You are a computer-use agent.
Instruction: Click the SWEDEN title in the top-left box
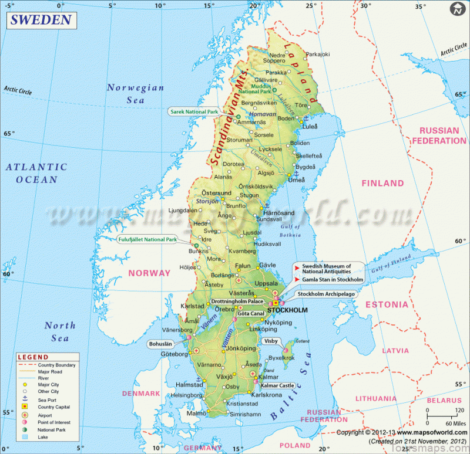(x=41, y=20)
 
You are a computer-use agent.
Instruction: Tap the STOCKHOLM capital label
(x=287, y=310)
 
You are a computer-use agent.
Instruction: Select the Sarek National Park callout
(x=194, y=111)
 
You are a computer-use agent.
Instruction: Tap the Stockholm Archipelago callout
(x=326, y=294)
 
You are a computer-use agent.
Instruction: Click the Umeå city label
(x=299, y=180)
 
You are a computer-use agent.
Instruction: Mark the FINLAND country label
(x=382, y=184)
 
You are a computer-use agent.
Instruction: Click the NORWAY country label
(x=149, y=273)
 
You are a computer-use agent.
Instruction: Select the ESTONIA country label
(x=387, y=305)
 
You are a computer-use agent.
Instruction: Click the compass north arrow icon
(x=457, y=10)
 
